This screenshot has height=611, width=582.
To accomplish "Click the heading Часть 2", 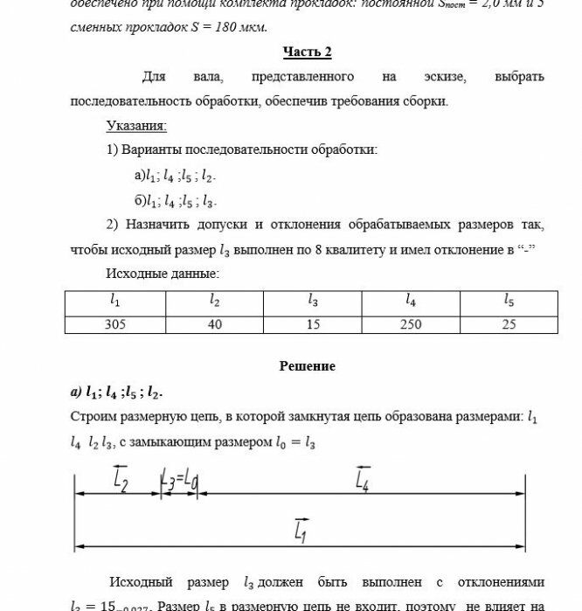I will [307, 52].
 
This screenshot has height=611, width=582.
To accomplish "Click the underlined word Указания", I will [135, 126].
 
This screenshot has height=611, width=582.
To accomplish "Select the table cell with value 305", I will [114, 324].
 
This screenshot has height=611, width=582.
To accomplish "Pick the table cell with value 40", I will [214, 324].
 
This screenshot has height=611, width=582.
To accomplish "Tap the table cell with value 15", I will [313, 324].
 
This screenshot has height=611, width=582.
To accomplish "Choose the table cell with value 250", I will [410, 324].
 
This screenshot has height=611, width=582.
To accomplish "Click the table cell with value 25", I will [509, 324].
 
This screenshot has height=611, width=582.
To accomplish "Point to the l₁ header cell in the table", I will [114, 301].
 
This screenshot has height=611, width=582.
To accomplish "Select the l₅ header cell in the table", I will [509, 301].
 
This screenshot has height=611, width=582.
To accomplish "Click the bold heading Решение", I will [307, 366].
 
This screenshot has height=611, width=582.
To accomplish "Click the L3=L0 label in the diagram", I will [180, 479].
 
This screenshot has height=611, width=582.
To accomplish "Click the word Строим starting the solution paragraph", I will [93, 417].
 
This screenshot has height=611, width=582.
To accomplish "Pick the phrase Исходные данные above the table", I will [163, 274].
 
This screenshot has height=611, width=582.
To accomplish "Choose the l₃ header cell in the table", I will [313, 301].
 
